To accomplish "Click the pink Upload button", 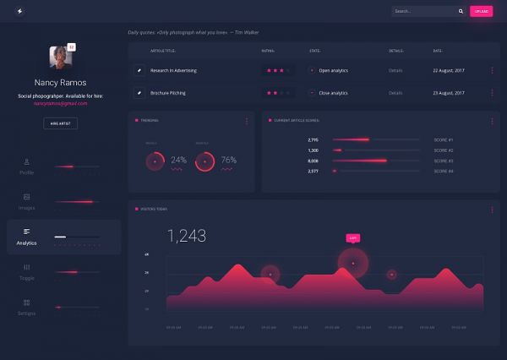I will [x=481, y=11].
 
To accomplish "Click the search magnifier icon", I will [x=461, y=11].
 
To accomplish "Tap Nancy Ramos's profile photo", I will [x=61, y=57].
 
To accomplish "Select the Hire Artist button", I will [x=60, y=123].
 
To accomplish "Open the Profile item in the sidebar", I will [x=26, y=167].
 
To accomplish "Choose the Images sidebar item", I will [x=26, y=202].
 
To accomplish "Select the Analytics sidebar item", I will [x=26, y=237].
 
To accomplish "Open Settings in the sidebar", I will [x=26, y=308].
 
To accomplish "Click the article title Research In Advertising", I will [x=173, y=70].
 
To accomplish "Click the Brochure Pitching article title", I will [x=167, y=93].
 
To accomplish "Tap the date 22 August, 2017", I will [x=448, y=70].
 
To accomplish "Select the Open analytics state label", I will [x=333, y=70].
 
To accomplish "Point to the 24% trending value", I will [x=179, y=160].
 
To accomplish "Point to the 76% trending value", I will [x=228, y=160].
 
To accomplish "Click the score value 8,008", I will [x=313, y=161].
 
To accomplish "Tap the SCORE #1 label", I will [x=444, y=139].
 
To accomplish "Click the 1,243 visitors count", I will [x=187, y=236].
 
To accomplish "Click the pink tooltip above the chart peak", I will [x=353, y=238].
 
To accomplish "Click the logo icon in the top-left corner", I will [x=19, y=11].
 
